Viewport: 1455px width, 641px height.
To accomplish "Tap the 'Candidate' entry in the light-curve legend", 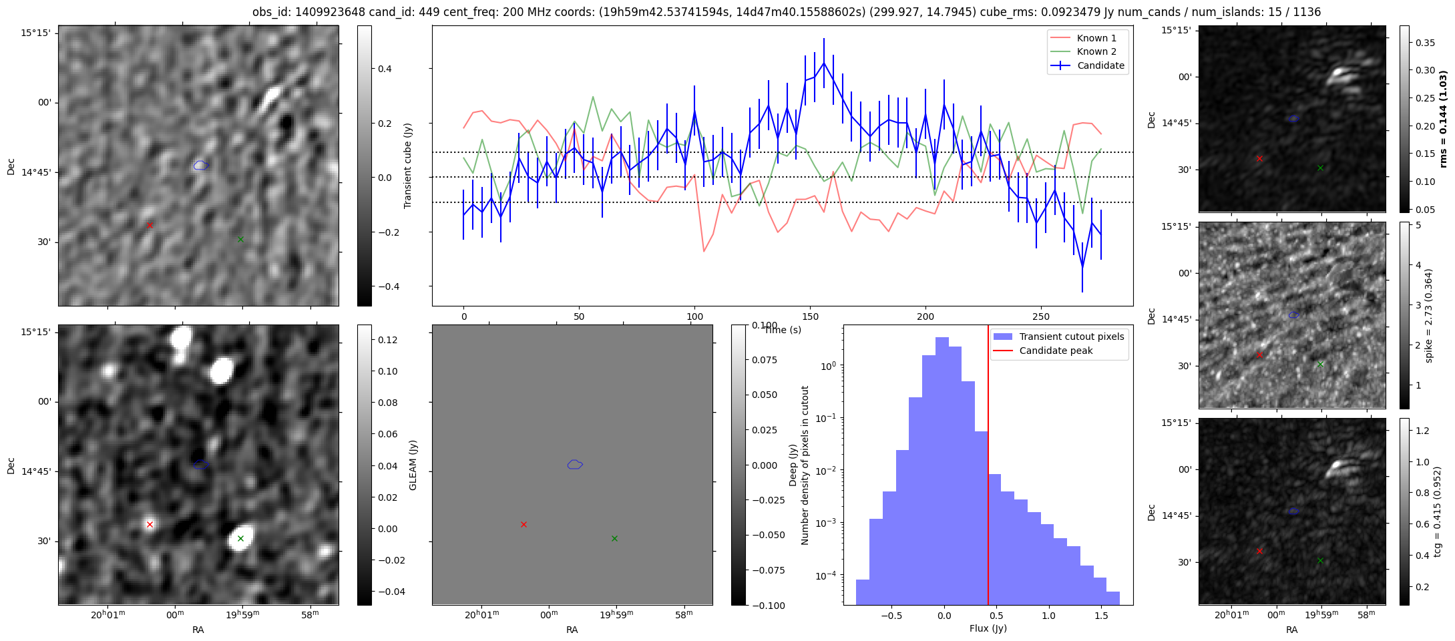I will [1100, 65].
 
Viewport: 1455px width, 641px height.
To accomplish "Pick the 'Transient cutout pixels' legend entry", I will [1071, 337].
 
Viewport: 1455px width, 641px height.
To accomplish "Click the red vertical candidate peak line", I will [988, 467].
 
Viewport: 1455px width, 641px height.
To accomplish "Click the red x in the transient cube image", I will [150, 226].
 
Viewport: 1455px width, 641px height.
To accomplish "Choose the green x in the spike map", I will [1320, 364].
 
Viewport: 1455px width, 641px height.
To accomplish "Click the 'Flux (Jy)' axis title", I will [988, 628].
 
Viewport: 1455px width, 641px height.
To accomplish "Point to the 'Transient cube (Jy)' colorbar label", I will [407, 166].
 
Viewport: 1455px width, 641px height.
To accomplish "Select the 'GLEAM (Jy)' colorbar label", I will [413, 465].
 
